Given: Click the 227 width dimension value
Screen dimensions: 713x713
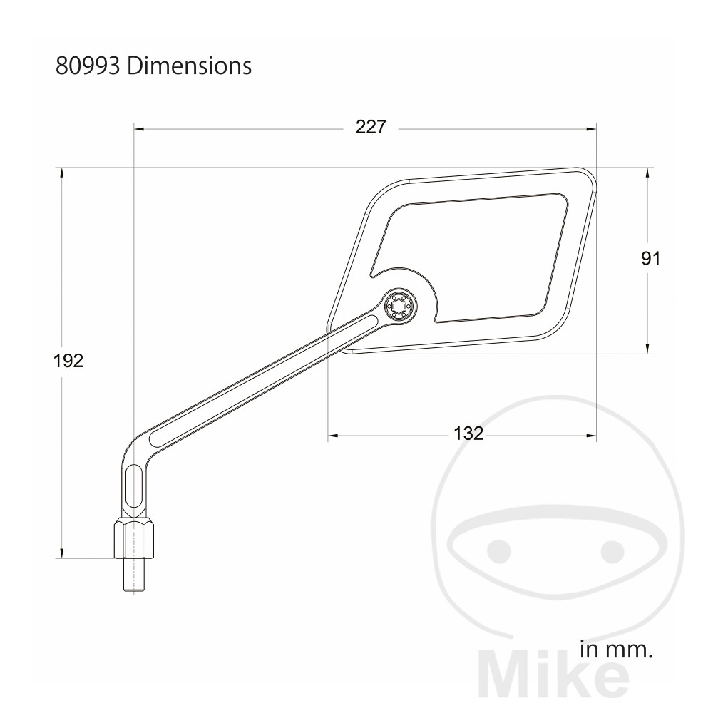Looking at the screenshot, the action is click(x=371, y=127).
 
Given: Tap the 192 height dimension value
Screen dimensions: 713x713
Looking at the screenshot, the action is click(x=68, y=361).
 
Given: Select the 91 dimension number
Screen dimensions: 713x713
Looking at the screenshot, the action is click(x=651, y=258).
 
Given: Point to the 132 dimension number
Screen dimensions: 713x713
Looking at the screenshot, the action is click(x=468, y=434).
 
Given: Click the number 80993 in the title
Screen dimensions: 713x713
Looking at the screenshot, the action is click(x=88, y=66).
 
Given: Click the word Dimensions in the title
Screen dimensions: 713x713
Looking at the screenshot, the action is click(x=189, y=66).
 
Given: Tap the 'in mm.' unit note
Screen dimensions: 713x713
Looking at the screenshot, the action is click(x=616, y=650).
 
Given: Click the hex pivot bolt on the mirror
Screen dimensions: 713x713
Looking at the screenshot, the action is click(x=400, y=306).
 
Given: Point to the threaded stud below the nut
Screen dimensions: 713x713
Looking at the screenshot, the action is click(x=135, y=575).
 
